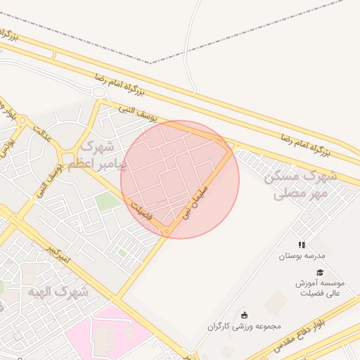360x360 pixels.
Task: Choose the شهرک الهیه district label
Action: pyautogui.click(x=58, y=290)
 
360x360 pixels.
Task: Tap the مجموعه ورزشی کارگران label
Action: pyautogui.click(x=244, y=326)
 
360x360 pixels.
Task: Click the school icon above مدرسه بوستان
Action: pyautogui.click(x=302, y=245)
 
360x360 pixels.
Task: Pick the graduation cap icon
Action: pyautogui.click(x=320, y=272)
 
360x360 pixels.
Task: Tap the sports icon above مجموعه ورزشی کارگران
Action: pyautogui.click(x=244, y=314)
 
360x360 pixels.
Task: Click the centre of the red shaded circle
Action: pyautogui.click(x=180, y=179)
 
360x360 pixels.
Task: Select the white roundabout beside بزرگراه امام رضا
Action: pyautogui.click(x=98, y=92)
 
